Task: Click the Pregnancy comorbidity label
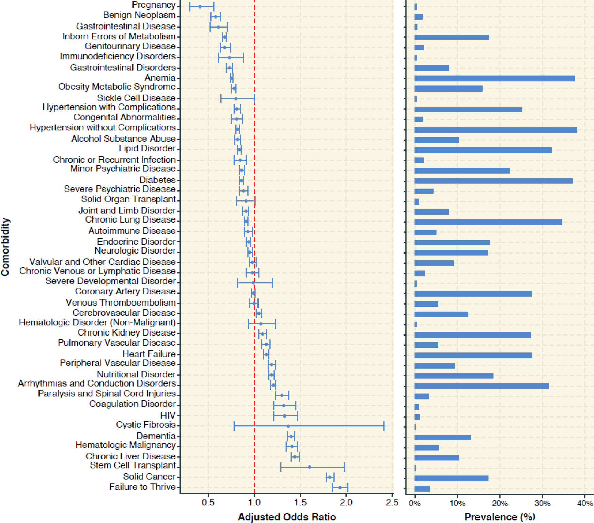[x=154, y=5]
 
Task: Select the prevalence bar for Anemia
[x=494, y=78]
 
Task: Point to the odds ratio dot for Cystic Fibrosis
[x=288, y=426]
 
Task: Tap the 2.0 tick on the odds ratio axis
[x=346, y=503]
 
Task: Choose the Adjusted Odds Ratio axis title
[x=287, y=517]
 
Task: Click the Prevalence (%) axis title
[x=500, y=517]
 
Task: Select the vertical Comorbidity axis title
[x=5, y=247]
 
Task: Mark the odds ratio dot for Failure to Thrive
[x=340, y=487]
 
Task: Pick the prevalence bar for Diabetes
[x=493, y=181]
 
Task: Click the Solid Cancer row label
[x=149, y=477]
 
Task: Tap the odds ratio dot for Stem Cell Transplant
[x=309, y=467]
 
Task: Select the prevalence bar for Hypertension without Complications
[x=496, y=130]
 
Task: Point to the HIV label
[x=168, y=415]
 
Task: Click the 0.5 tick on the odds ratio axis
[x=208, y=503]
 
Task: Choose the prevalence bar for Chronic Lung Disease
[x=488, y=222]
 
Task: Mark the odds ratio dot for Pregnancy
[x=200, y=6]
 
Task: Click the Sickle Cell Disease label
[x=136, y=98]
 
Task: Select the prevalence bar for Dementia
[x=442, y=437]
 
